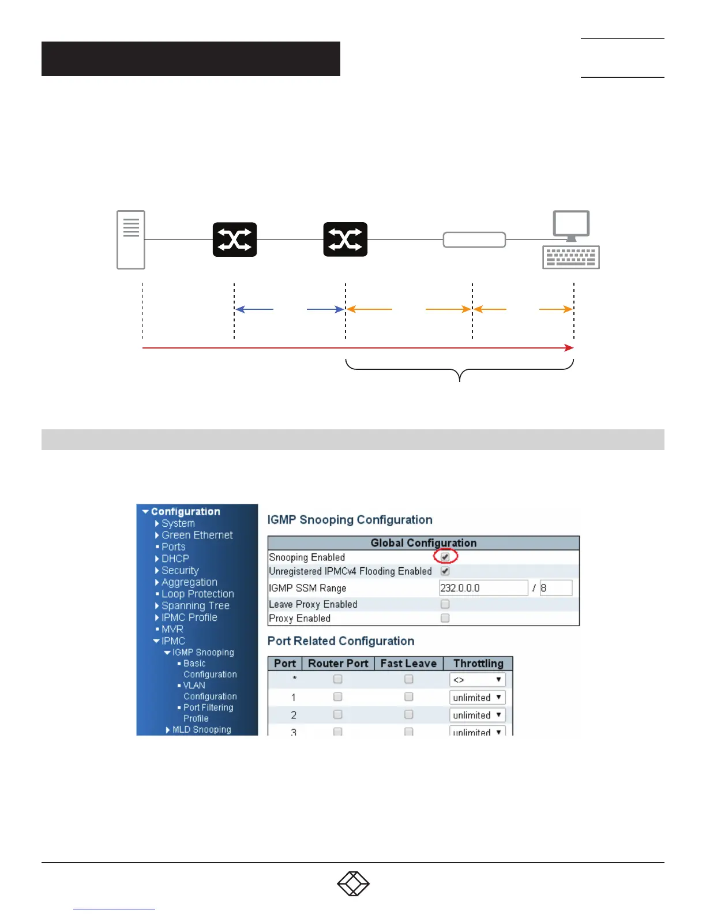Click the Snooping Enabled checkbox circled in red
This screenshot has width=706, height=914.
(x=445, y=557)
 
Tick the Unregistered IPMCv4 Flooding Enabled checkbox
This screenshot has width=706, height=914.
(x=445, y=571)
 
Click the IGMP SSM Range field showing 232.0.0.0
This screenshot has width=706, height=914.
(x=483, y=588)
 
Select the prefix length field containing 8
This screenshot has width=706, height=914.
(x=556, y=588)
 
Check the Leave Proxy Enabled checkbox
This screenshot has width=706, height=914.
(x=445, y=604)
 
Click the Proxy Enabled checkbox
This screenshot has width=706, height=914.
(x=445, y=618)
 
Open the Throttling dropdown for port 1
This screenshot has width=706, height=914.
(x=477, y=697)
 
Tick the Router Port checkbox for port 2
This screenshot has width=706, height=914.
(x=338, y=714)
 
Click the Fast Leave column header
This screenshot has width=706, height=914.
(x=408, y=664)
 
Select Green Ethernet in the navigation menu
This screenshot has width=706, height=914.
(x=197, y=535)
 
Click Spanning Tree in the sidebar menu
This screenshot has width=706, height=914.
(x=195, y=605)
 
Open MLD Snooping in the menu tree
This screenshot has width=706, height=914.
(x=201, y=729)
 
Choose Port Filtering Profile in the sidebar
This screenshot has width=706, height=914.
(x=208, y=713)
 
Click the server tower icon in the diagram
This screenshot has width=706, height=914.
(x=131, y=239)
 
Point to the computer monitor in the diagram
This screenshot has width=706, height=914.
(x=571, y=224)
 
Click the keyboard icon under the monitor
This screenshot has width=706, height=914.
(x=571, y=257)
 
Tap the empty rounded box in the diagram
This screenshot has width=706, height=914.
(x=474, y=239)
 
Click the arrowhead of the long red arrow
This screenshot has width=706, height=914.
(x=569, y=348)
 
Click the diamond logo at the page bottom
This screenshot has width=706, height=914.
(x=353, y=883)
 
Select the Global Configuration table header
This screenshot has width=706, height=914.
(x=423, y=543)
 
